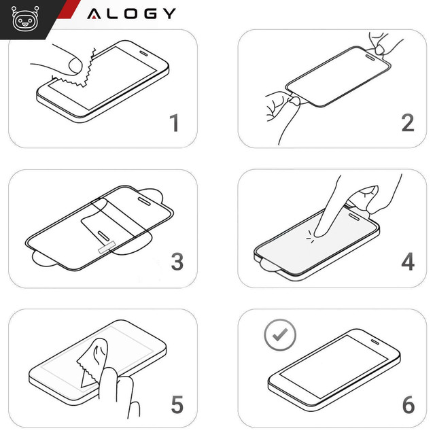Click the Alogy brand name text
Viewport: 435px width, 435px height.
(x=131, y=13)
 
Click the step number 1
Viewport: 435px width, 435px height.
(x=175, y=124)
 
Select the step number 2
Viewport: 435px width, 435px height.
(x=407, y=123)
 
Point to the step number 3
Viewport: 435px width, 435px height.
(x=176, y=262)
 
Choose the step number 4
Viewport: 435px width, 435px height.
(x=407, y=262)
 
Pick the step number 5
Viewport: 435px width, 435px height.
(x=176, y=405)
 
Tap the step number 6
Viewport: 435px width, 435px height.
(x=408, y=405)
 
